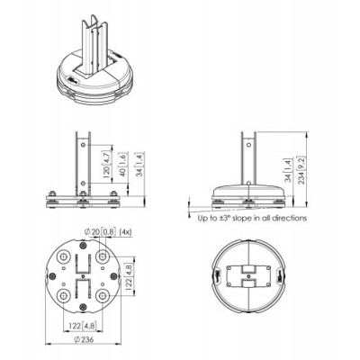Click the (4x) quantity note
coord(129,231)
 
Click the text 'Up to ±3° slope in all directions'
coord(253,219)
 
